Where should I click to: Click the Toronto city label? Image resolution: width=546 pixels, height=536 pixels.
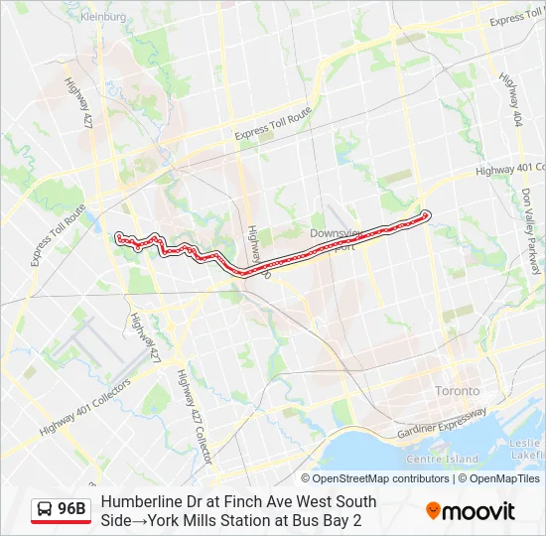457,391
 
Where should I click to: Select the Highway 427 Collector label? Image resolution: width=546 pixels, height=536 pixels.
195,416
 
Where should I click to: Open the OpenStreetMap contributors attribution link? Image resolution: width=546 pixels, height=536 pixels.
381,478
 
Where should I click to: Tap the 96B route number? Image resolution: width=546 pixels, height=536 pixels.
72,509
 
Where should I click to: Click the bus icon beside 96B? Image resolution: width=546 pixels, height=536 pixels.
45,509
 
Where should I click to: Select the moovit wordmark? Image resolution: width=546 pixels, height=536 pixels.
479,511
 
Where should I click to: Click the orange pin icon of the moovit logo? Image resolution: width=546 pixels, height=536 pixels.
434,510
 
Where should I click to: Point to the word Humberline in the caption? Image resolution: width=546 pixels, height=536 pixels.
139,501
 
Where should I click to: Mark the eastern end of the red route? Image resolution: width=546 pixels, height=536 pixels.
426,214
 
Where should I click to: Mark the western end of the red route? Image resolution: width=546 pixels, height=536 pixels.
119,237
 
